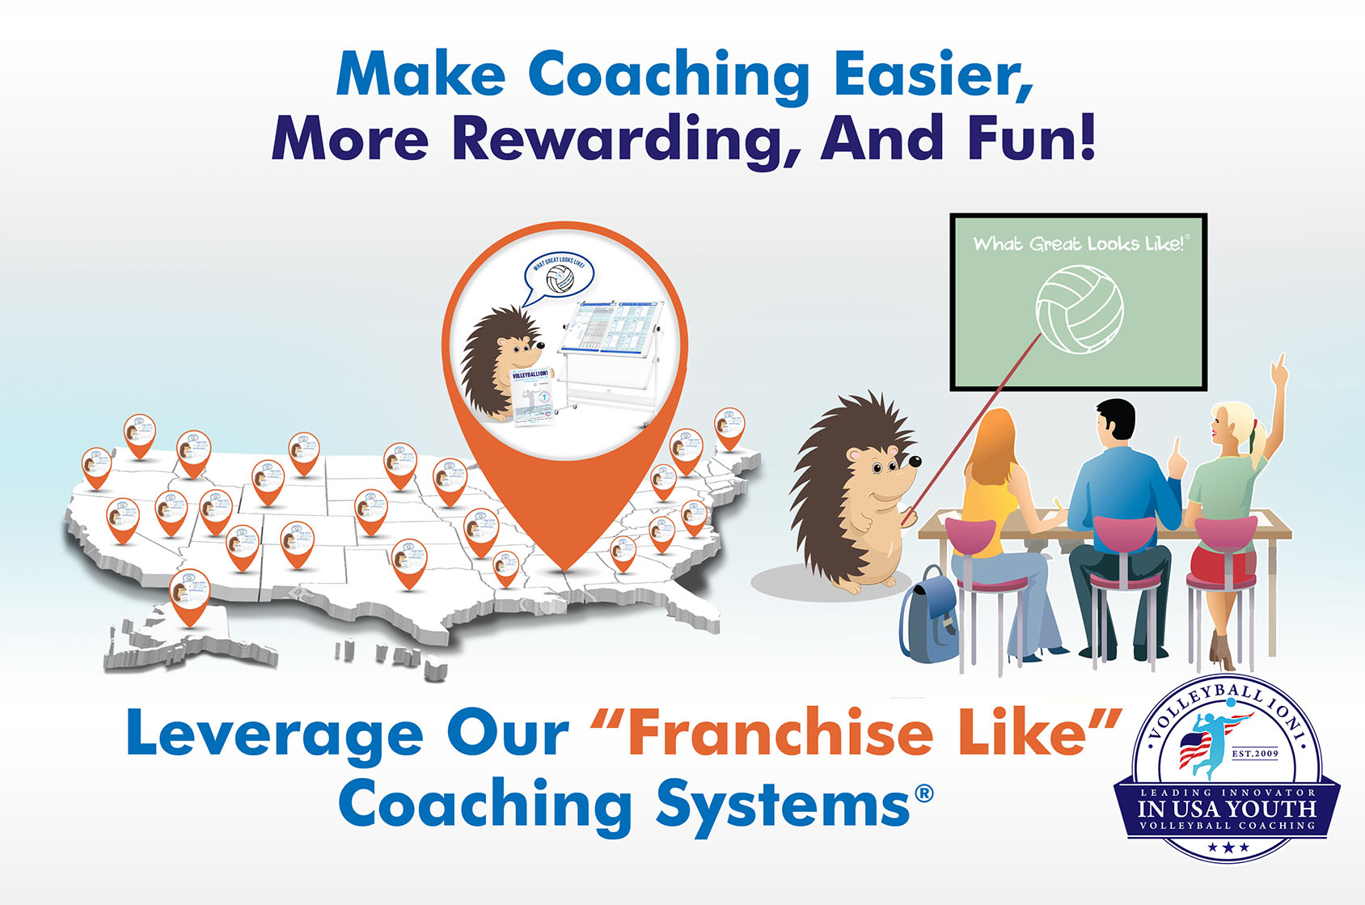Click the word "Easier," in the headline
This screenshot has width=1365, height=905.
tap(932, 74)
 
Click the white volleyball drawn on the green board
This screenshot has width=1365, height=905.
tap(1080, 310)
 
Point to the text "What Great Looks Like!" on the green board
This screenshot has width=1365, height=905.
tap(1079, 243)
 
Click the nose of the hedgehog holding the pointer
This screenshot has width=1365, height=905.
tap(915, 461)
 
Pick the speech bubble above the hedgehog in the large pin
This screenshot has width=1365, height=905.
tap(559, 277)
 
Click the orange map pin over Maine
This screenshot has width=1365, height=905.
tap(729, 427)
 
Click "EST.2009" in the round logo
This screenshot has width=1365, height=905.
tap(1254, 753)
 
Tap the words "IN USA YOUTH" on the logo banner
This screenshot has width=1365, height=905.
tap(1227, 809)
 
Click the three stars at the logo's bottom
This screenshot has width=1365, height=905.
tap(1228, 848)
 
